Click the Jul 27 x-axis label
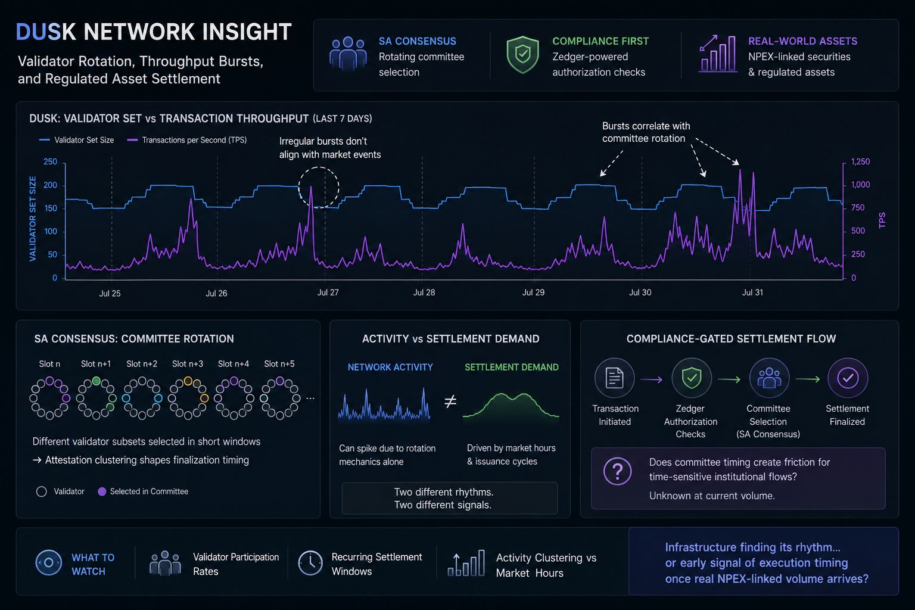pos(328,292)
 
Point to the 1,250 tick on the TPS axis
pos(860,161)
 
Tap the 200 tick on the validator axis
pos(50,185)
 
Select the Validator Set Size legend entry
pos(76,140)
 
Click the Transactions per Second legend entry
pos(187,140)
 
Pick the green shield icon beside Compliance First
pos(522,55)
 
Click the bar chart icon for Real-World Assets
pos(718,54)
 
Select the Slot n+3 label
pos(188,363)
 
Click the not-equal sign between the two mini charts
pos(450,402)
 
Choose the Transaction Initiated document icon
pos(614,378)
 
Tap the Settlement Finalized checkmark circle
pos(848,378)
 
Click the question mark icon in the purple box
pos(617,471)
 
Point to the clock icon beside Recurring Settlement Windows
pos(310,563)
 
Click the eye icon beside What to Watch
pos(49,562)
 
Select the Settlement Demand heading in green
pos(512,368)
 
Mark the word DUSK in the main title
pos(46,32)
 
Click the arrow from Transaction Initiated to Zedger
pos(652,379)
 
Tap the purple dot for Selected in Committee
pos(102,491)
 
